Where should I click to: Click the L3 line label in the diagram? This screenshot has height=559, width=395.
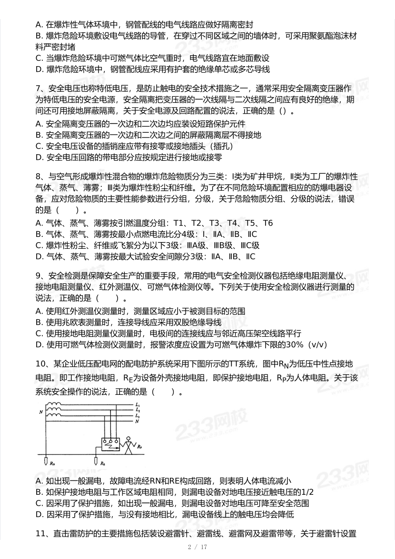click(x=137, y=415)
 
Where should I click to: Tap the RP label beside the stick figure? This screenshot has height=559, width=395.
click(x=138, y=447)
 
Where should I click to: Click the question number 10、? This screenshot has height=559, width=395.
click(x=42, y=364)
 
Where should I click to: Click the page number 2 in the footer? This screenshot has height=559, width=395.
click(x=189, y=547)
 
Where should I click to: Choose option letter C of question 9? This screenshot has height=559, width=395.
click(x=39, y=333)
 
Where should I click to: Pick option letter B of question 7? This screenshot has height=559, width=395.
click(x=39, y=135)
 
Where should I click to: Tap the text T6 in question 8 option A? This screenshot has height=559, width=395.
click(x=268, y=223)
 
